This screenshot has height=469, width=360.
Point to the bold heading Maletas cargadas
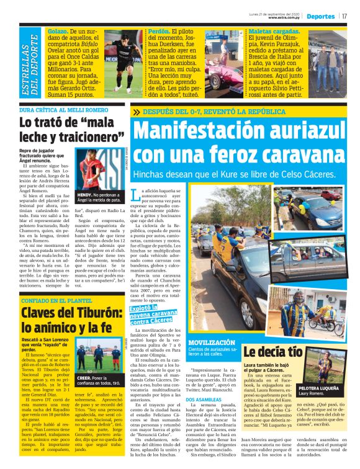point(276,31)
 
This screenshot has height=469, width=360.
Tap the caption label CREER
point(84,377)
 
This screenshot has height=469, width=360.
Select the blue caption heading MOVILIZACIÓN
point(212,342)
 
